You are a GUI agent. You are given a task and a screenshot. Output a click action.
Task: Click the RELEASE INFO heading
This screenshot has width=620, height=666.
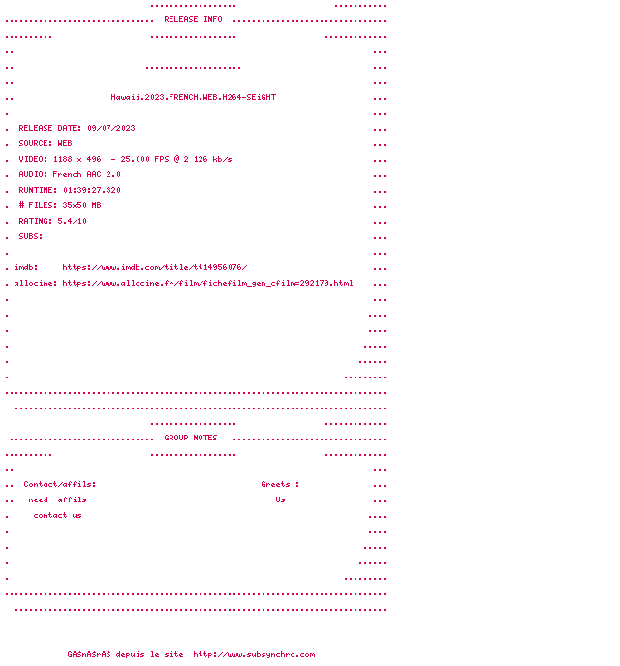(x=193, y=19)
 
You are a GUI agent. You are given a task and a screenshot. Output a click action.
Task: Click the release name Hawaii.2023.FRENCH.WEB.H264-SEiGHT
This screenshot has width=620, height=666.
(x=193, y=97)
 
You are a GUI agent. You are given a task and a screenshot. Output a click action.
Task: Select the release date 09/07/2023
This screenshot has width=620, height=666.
(x=111, y=128)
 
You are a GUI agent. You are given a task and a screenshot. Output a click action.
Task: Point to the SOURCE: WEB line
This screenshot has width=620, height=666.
(x=45, y=143)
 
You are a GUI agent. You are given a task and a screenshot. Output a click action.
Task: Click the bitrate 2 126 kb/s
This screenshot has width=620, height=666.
(x=207, y=159)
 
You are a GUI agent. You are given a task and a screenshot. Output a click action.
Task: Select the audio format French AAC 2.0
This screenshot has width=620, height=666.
(x=86, y=174)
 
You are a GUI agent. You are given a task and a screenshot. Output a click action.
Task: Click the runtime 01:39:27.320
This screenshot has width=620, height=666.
(x=92, y=190)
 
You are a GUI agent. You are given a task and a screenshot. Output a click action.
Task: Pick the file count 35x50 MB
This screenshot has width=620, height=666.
(x=81, y=205)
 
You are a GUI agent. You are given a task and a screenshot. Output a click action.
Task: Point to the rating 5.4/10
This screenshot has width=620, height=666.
(x=72, y=221)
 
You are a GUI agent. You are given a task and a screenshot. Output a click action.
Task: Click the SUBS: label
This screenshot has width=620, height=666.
(x=31, y=236)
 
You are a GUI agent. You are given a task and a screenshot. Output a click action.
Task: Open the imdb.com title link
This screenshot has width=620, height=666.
(x=155, y=267)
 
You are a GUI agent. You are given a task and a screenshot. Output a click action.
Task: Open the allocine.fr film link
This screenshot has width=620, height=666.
(x=207, y=283)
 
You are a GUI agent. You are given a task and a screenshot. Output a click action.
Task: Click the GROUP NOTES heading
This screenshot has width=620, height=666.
(x=191, y=438)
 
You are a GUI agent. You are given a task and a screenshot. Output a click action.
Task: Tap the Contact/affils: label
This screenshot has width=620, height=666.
(x=60, y=484)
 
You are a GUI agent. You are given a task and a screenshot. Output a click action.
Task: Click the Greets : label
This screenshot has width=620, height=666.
(x=280, y=484)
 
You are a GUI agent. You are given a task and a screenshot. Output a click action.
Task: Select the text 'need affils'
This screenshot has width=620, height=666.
(x=57, y=499)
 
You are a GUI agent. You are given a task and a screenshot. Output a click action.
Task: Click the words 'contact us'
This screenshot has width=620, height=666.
(x=57, y=515)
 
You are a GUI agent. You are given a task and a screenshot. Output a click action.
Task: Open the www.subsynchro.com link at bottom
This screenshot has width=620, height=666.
(x=254, y=654)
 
